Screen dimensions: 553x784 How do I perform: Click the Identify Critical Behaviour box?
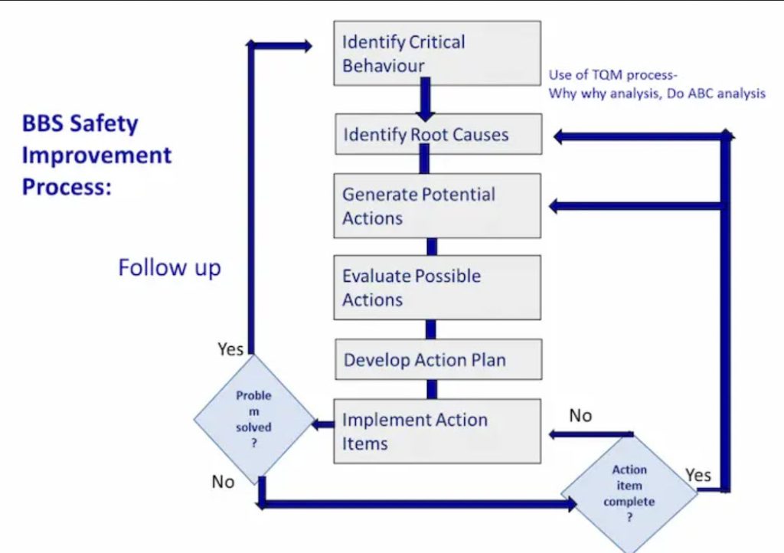(437, 53)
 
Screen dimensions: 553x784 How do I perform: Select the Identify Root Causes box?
(437, 136)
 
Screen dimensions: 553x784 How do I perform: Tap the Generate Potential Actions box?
(437, 205)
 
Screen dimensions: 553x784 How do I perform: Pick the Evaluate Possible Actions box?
(437, 287)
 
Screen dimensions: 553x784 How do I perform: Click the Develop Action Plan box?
(437, 359)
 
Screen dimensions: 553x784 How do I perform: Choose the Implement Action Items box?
(437, 430)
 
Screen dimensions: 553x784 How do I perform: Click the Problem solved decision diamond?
(253, 420)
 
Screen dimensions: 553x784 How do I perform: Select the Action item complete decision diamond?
(629, 493)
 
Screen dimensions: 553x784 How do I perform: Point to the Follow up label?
(169, 267)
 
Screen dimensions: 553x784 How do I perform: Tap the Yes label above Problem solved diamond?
(230, 349)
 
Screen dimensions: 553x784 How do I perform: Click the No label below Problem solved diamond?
(223, 482)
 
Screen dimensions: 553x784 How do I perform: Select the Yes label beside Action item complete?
(698, 475)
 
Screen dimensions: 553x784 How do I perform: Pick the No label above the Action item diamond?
(580, 415)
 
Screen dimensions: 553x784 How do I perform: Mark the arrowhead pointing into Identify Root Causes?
(560, 136)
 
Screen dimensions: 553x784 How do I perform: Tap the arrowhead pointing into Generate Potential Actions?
(557, 206)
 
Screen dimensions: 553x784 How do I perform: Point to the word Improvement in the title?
(96, 155)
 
